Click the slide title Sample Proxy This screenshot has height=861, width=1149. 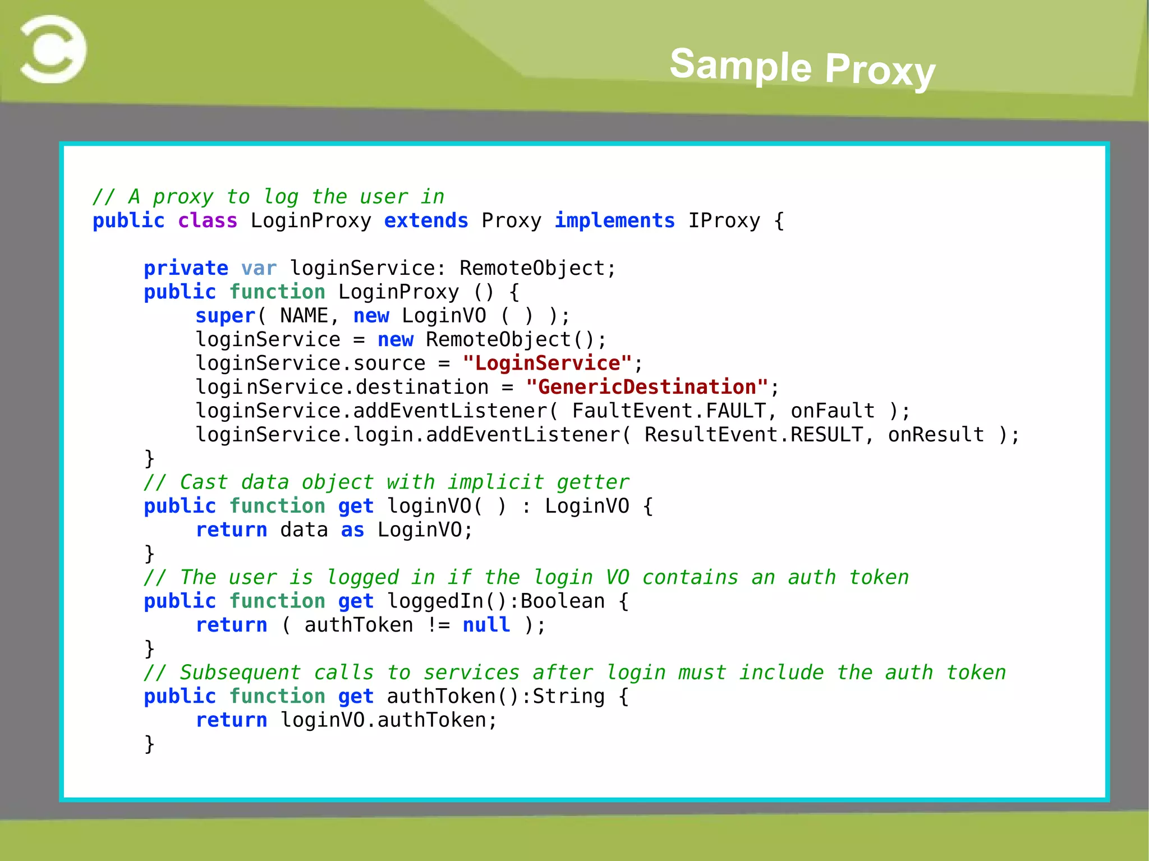802,67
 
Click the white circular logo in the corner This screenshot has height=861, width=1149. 53,49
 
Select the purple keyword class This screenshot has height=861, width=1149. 208,220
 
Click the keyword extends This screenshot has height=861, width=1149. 426,220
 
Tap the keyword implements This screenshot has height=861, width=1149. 614,220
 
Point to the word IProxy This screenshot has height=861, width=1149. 724,220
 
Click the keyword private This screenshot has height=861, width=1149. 186,268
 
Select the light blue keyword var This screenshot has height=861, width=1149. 259,268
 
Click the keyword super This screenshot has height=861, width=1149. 226,316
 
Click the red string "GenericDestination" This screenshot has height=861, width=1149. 647,387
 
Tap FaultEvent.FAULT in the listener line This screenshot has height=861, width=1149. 669,411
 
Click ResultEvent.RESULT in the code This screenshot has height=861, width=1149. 753,435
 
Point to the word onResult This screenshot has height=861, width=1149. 936,435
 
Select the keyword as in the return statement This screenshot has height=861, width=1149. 352,530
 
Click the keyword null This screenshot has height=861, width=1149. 486,625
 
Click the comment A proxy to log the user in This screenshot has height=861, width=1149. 269,197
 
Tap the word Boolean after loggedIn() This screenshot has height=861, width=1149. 563,601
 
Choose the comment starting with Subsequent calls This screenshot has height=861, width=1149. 574,673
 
